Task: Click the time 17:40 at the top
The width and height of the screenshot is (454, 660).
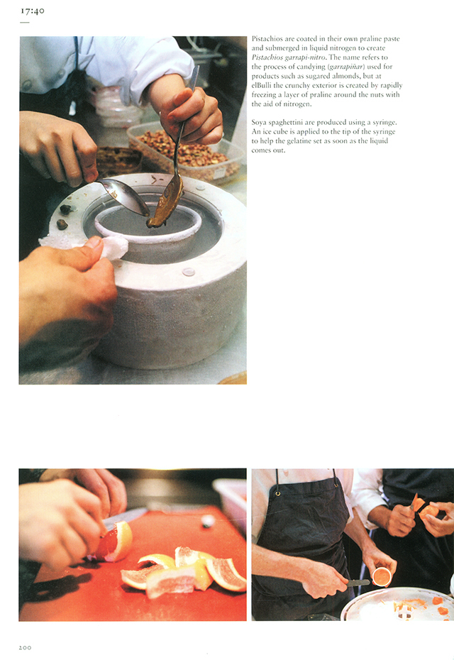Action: click(33, 11)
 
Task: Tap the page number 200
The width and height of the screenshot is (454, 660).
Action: click(25, 647)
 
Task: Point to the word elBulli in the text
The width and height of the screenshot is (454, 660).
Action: click(262, 85)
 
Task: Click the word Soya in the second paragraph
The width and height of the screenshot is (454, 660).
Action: click(259, 123)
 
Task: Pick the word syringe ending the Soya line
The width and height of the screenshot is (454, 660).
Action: click(384, 123)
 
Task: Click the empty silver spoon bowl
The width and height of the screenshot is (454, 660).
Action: click(123, 194)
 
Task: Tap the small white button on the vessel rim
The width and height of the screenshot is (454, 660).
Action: click(188, 272)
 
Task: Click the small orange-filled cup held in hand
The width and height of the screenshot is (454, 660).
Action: click(382, 576)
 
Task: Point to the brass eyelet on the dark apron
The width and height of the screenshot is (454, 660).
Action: click(277, 493)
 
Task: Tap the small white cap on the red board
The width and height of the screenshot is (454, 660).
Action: click(208, 521)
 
